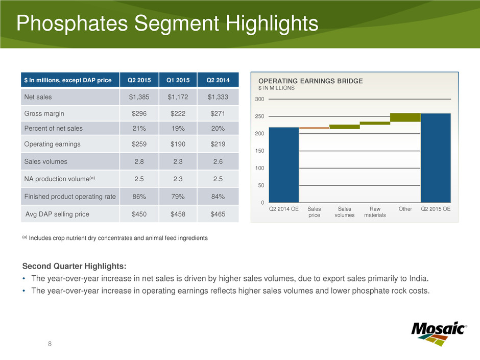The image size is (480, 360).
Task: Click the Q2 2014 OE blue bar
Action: (283, 164)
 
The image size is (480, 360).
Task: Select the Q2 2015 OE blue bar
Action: (436, 158)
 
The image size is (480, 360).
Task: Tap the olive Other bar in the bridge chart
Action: (405, 117)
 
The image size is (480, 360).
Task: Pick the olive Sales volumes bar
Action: (344, 127)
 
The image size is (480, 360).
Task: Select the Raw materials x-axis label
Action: (375, 212)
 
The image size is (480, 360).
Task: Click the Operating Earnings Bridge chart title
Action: (310, 81)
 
